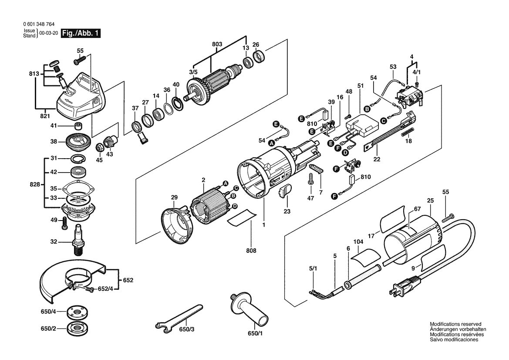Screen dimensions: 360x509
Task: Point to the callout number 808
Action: coord(251,251)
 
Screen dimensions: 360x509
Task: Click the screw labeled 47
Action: coord(310,179)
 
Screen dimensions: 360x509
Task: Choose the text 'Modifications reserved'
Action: coord(455,324)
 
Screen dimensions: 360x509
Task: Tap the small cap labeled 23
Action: coord(286,191)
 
